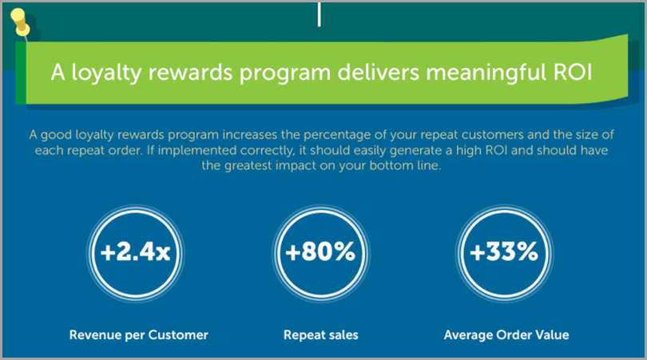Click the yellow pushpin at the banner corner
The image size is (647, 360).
[x=20, y=22]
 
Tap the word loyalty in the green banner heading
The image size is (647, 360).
[x=106, y=73]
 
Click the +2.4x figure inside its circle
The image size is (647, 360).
[x=135, y=251]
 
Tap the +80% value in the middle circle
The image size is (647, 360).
[x=320, y=251]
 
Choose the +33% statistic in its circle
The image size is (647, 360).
[x=504, y=251]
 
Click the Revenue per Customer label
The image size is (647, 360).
[x=139, y=334]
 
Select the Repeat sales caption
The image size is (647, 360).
[x=321, y=334]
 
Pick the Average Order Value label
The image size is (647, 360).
[x=506, y=334]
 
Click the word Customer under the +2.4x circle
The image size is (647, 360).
[x=178, y=334]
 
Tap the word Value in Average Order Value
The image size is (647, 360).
[x=552, y=334]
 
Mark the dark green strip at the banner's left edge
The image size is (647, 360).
[x=21, y=73]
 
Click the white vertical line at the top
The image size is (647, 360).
[x=319, y=14]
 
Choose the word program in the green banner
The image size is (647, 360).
[x=285, y=73]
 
